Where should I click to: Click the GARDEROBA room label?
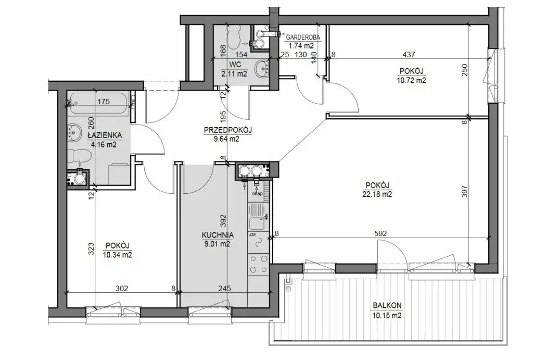303,38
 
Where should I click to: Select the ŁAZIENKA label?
105,135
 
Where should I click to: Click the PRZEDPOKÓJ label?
227,130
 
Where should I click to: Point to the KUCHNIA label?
218,235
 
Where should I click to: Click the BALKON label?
387,306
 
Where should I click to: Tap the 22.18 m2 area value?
377,194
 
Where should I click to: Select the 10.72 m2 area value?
411,81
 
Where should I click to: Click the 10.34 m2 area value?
118,255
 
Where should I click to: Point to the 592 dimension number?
380,233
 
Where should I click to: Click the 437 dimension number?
409,54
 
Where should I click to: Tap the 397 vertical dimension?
465,192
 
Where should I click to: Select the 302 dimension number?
122,289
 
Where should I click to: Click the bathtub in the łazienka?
98,102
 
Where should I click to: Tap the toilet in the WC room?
234,38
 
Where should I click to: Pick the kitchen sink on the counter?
258,222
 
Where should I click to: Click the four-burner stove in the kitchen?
258,264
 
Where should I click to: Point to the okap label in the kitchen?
257,194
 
